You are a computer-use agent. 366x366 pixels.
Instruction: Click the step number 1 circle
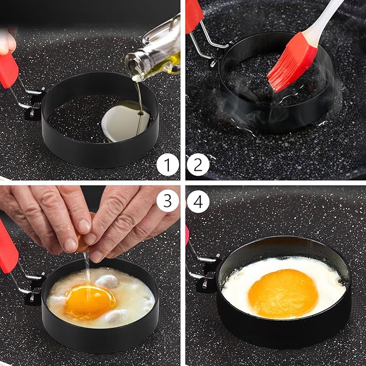[168, 165]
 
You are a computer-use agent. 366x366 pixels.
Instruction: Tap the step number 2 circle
[198, 165]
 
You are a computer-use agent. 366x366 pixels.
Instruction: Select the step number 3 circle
[168, 201]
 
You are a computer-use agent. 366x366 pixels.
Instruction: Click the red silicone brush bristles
[291, 63]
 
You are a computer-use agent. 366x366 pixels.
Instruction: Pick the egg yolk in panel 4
[283, 293]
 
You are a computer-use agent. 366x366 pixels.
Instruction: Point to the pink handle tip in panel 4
[188, 234]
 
